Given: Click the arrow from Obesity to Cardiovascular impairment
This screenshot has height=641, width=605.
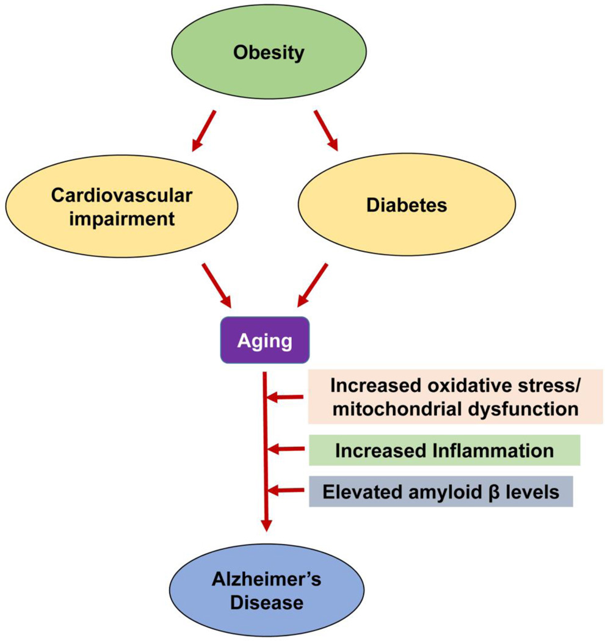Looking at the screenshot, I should point(204,130).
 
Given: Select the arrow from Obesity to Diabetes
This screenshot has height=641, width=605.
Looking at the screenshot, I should point(326,130).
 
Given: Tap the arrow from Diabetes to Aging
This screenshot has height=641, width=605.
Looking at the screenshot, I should point(313,285).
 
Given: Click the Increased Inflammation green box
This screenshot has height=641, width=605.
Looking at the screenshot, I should point(444,451).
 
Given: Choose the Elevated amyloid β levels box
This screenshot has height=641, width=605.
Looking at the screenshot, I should point(441,491).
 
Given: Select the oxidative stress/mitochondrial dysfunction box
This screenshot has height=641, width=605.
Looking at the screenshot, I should point(455,397).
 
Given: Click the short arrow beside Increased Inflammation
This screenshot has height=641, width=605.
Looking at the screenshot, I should point(287,450).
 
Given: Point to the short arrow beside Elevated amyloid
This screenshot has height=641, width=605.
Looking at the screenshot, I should point(287,490).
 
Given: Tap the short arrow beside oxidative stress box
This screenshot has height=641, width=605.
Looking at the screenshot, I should point(287,398).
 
